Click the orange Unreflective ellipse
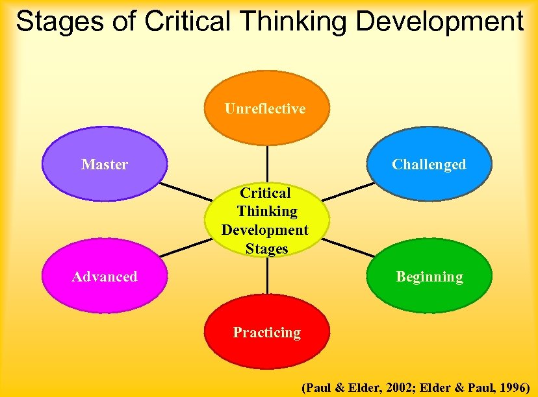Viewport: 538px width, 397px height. pyautogui.click(x=266, y=108)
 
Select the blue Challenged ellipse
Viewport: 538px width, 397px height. pyautogui.click(x=429, y=163)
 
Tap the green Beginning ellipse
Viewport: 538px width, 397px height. pyautogui.click(x=429, y=277)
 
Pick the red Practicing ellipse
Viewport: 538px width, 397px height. pyautogui.click(x=267, y=333)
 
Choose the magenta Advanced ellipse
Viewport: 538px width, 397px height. pyautogui.click(x=105, y=277)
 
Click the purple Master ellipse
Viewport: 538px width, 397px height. pyautogui.click(x=105, y=164)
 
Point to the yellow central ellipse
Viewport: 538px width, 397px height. pyautogui.click(x=266, y=221)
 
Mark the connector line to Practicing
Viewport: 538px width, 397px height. pyautogui.click(x=266, y=278)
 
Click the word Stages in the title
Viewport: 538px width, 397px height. pyautogui.click(x=60, y=21)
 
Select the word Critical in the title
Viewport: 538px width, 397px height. pyautogui.click(x=187, y=21)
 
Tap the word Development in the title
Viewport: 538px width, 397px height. pyautogui.click(x=441, y=21)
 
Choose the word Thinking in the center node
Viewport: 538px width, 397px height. pyautogui.click(x=266, y=211)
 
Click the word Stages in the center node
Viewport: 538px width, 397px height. pyautogui.click(x=266, y=248)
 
